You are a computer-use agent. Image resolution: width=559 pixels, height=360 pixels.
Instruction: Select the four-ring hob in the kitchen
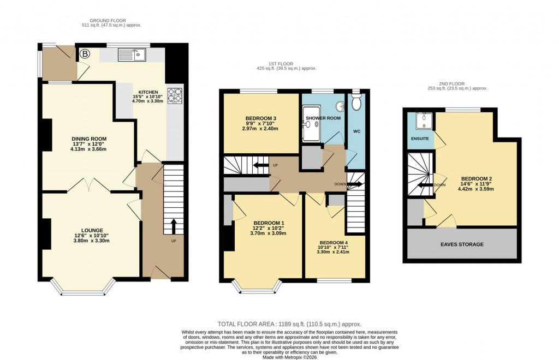(175, 95)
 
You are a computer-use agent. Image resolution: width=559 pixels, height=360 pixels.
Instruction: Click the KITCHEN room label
(148, 92)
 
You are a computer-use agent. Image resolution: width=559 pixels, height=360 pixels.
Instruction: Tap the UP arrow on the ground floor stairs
(174, 225)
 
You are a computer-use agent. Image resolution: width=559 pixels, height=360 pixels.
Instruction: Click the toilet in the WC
(357, 103)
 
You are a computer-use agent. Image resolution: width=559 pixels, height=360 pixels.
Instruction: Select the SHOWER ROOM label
(323, 118)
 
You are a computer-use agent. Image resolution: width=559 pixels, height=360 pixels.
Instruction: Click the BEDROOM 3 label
(260, 118)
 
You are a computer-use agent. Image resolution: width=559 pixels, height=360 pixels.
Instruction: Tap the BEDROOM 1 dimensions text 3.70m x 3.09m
(269, 233)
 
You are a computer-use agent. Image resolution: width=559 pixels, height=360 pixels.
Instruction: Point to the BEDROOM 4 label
(334, 242)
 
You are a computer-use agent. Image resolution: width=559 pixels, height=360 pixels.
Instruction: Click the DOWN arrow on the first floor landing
(355, 184)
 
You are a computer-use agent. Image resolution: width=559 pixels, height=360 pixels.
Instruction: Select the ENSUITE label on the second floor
(420, 139)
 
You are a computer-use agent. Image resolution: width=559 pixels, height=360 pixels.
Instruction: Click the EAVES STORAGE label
(462, 244)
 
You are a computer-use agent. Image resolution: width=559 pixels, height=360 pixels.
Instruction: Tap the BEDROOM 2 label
(477, 178)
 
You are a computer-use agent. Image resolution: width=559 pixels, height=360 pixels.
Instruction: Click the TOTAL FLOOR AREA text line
(289, 324)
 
